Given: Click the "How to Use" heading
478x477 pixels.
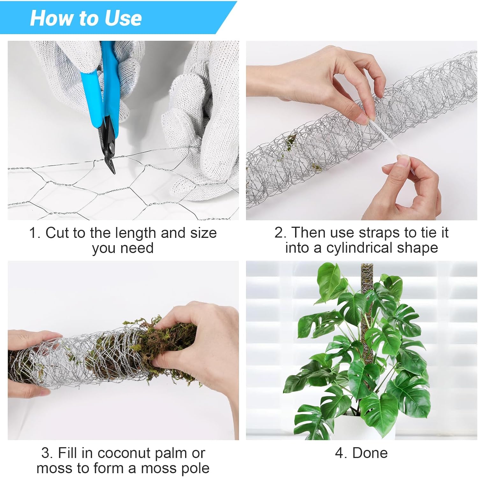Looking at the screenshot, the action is coord(86,18).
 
